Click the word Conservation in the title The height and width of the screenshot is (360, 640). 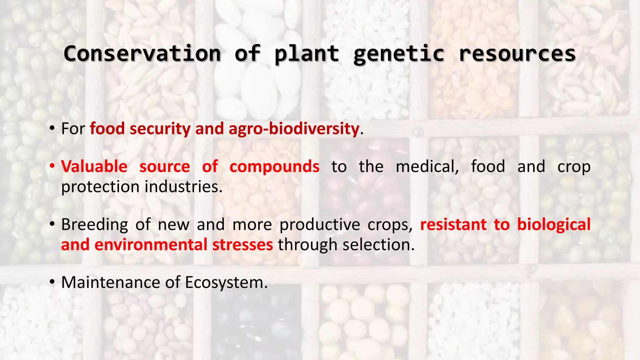(x=142, y=54)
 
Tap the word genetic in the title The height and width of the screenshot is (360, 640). (x=399, y=54)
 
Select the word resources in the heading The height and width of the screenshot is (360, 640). (x=517, y=54)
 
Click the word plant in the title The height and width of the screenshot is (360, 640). (x=307, y=54)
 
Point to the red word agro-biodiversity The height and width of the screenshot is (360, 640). (x=294, y=129)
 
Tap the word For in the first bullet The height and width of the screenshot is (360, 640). (x=73, y=129)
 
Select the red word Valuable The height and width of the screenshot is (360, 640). (x=94, y=167)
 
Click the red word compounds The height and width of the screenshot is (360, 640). (x=274, y=167)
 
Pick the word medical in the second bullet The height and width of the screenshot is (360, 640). (x=427, y=167)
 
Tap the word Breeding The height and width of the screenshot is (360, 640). (x=94, y=225)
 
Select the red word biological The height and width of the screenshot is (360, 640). (x=554, y=225)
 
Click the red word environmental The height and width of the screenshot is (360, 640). (x=151, y=245)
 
